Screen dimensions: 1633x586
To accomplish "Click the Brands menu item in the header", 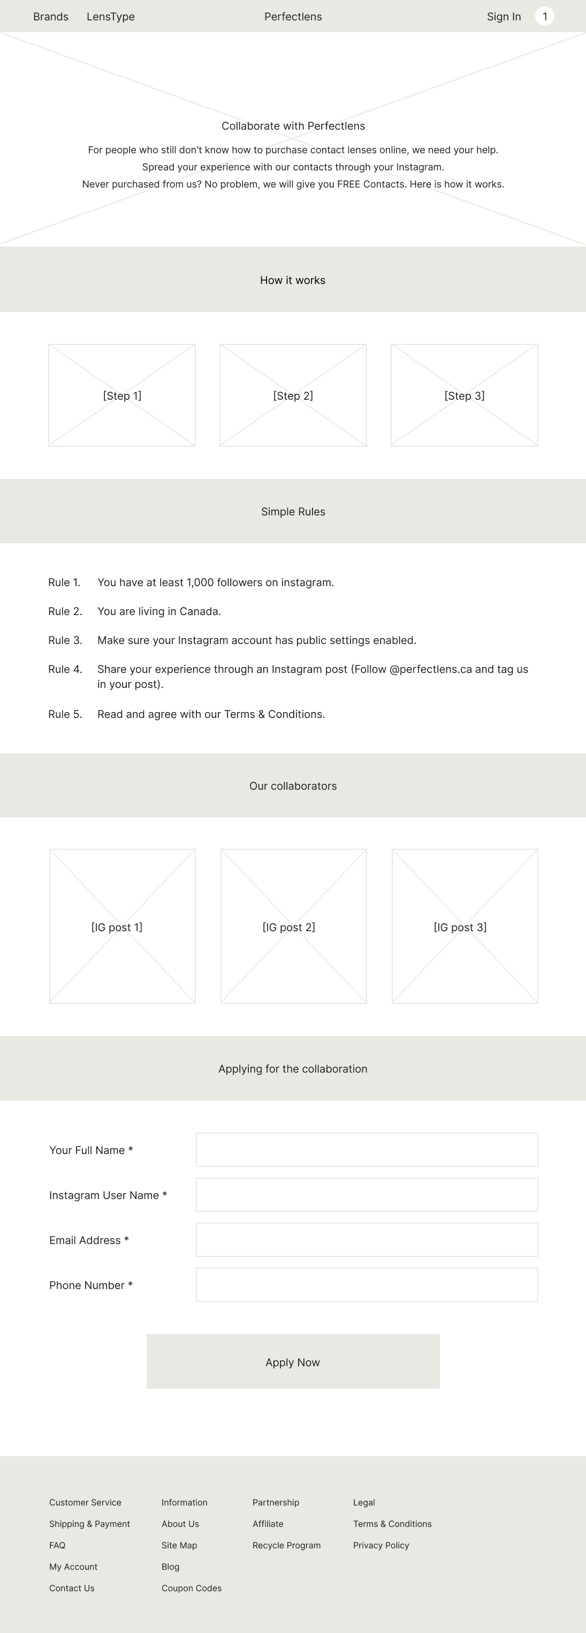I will click(x=51, y=17).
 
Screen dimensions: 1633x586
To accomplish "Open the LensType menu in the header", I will click(x=110, y=17).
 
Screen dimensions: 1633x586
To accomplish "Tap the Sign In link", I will click(x=504, y=17).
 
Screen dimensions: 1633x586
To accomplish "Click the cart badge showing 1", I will click(x=544, y=17).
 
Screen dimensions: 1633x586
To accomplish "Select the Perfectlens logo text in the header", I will click(x=293, y=17).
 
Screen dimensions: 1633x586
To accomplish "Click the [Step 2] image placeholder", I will click(x=293, y=395).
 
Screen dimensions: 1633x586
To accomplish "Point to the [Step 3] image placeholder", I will click(x=465, y=395).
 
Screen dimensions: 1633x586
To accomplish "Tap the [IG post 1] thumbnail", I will click(x=122, y=926).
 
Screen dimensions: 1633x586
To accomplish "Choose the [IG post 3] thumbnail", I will click(x=465, y=926).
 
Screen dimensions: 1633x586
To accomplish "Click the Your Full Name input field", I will click(x=367, y=1149).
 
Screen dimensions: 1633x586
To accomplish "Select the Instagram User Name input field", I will click(x=367, y=1194).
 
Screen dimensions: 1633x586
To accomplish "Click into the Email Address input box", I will click(x=367, y=1239).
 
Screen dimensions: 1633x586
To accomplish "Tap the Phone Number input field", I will click(x=367, y=1284).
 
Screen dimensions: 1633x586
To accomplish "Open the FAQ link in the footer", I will click(x=58, y=1545).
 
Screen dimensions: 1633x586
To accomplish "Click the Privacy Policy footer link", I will click(x=380, y=1545).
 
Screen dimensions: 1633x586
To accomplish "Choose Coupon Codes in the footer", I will click(x=192, y=1588).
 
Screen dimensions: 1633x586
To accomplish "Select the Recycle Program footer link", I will click(x=286, y=1545).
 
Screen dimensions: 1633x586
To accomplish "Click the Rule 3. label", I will click(x=65, y=640).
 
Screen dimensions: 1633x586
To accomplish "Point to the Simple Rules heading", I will click(x=293, y=512).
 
